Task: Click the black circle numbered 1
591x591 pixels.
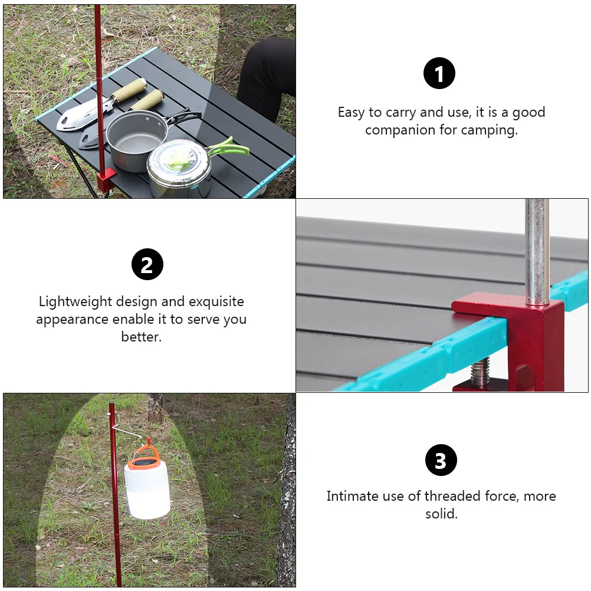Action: pos(439,73)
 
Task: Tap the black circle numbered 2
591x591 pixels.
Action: pos(147,264)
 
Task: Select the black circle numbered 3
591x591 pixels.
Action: pos(441,460)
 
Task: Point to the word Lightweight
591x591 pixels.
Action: pos(75,302)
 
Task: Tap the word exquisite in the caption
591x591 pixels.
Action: pos(216,302)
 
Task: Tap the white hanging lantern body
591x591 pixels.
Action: pos(147,490)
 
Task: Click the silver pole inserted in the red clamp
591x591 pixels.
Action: pos(537,252)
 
